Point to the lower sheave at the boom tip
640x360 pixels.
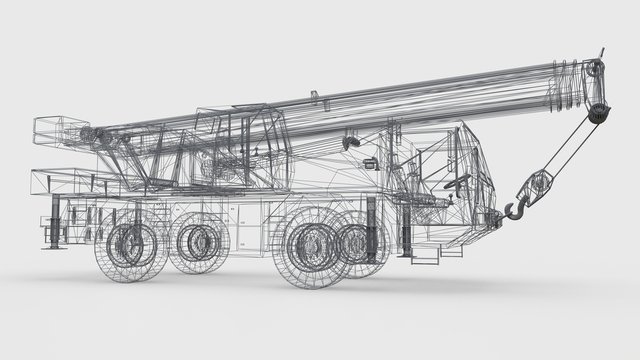[x=598, y=112]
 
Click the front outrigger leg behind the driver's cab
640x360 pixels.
[x=372, y=226]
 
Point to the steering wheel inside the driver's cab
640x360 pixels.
[x=458, y=185]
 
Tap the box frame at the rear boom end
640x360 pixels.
[x=56, y=130]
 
